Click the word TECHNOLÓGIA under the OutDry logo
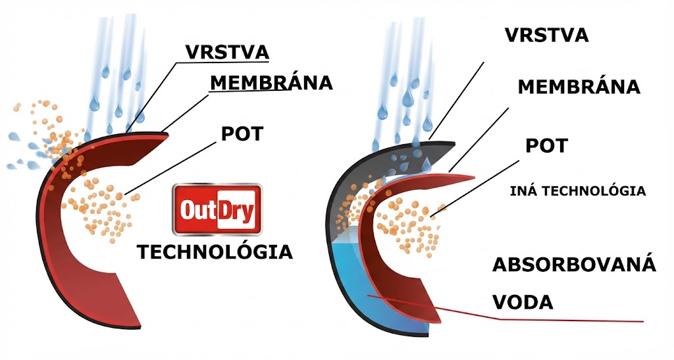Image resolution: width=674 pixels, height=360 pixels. [x=214, y=251]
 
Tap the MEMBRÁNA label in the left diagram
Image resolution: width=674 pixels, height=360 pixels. [x=271, y=83]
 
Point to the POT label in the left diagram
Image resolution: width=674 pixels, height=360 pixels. [x=242, y=134]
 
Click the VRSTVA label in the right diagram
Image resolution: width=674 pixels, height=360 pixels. [x=546, y=35]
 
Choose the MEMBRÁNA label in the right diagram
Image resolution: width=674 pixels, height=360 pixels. [x=579, y=87]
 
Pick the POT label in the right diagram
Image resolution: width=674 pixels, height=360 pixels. [x=546, y=145]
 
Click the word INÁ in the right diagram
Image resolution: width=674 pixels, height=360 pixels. [x=524, y=192]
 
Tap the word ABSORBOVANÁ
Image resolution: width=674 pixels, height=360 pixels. [x=575, y=265]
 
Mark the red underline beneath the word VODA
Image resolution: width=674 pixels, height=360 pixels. [x=573, y=321]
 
